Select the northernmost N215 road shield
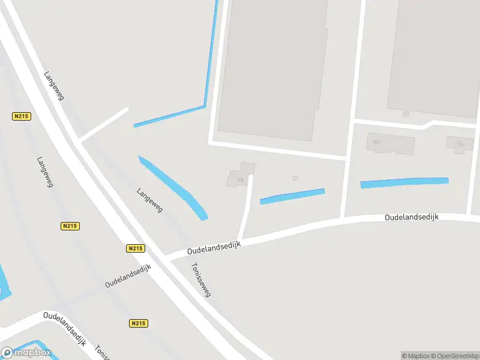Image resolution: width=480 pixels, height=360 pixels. point(20,116)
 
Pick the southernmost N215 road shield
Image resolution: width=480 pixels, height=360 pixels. point(137,323)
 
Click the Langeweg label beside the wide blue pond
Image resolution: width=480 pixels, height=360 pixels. point(149,199)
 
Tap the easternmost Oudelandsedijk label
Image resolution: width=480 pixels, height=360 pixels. point(412,217)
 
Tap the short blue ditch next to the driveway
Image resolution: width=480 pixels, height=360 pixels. point(292,196)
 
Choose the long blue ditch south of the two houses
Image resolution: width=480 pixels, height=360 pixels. point(404,182)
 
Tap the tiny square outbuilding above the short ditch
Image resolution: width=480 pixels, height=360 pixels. point(295,178)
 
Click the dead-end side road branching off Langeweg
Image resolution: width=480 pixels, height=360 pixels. point(104,125)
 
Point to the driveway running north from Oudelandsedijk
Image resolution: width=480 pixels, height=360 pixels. point(245,207)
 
